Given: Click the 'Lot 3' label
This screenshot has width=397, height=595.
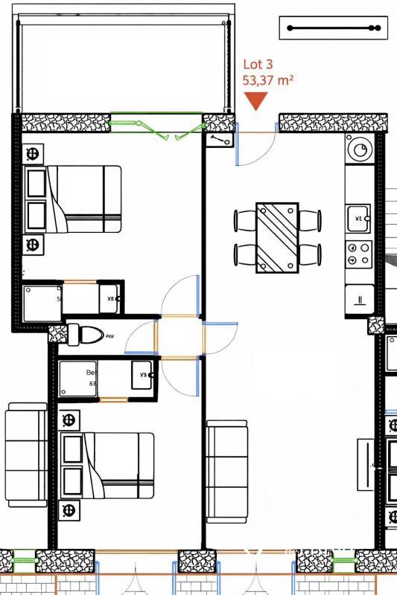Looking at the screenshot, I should [x=258, y=66].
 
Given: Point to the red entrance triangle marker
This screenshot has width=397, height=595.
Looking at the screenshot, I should [x=256, y=101].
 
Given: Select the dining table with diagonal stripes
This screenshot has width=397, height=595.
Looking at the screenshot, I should [x=277, y=237].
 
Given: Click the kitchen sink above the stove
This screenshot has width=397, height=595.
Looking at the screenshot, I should [x=358, y=217].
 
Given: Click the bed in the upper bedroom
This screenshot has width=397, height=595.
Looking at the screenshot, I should [x=82, y=199].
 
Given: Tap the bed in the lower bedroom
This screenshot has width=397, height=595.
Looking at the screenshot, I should [x=116, y=466].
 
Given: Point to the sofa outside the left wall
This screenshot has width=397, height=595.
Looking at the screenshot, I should [x=26, y=455].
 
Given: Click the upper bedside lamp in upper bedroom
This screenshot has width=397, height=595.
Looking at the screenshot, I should [x=33, y=154].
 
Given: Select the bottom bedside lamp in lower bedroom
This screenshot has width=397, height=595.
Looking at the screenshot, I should [x=71, y=510].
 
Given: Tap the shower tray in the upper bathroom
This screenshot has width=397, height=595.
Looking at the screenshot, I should [x=42, y=302].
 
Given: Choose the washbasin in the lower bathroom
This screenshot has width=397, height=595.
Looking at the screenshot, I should [x=144, y=376].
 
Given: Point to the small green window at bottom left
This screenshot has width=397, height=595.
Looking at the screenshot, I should [x=25, y=559].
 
